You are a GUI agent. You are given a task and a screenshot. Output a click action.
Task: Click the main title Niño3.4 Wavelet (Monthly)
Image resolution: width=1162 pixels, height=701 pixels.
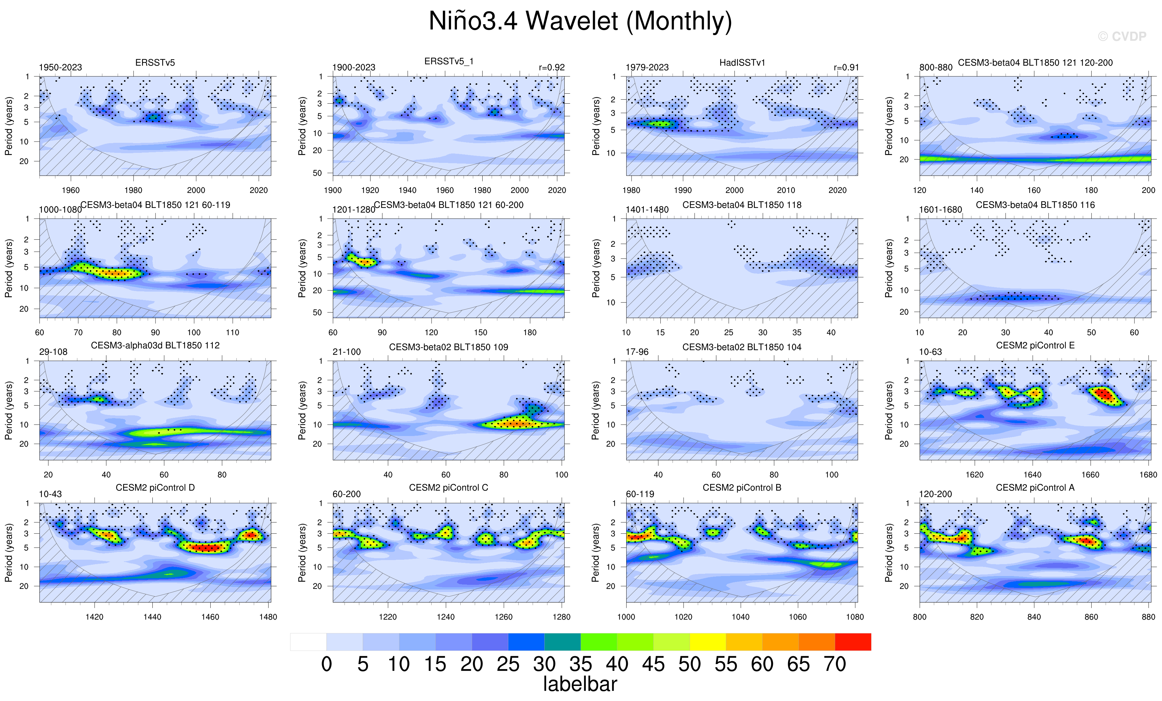580,21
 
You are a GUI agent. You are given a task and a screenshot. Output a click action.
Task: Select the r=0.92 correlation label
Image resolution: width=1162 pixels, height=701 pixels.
551,68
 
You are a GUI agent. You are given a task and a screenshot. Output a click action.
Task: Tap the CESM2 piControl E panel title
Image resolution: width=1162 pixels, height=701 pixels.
1035,345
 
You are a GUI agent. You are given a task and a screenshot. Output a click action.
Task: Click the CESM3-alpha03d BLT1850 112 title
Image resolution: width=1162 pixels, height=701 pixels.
155,345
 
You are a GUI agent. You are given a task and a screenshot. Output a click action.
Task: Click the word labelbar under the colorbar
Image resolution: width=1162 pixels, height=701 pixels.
580,684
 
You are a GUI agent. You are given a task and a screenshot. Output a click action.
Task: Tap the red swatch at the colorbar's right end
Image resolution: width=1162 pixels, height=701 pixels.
852,642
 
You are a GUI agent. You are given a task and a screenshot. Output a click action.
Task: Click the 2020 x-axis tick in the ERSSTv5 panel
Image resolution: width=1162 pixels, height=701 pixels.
259,190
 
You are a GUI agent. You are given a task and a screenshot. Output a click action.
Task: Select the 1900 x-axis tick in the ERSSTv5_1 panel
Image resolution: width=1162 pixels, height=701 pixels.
332,190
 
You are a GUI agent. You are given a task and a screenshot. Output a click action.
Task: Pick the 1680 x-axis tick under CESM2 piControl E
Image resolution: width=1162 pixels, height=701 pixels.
1148,475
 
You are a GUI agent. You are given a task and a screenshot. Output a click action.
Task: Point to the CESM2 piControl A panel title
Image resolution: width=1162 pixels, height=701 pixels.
1035,488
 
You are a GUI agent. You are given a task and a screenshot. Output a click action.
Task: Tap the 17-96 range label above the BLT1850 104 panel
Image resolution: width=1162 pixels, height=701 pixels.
637,352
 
